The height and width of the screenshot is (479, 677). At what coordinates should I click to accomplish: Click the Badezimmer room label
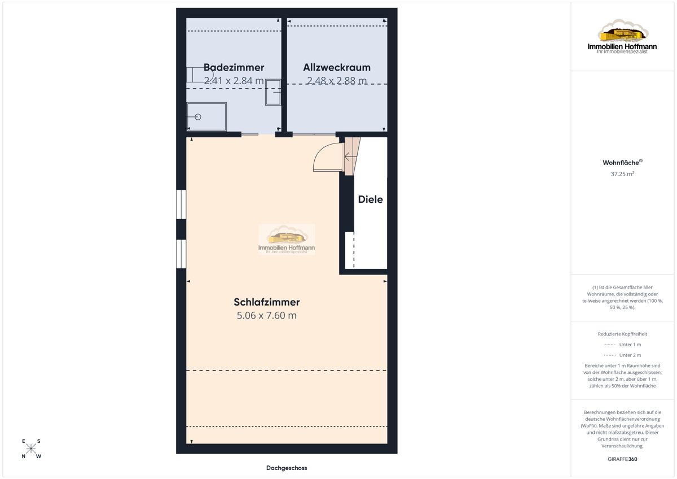(x=234, y=67)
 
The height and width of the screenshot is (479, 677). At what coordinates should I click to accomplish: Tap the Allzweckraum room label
(x=337, y=67)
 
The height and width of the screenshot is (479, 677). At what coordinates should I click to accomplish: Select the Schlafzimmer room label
(x=266, y=302)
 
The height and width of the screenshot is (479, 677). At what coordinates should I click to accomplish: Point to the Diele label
(x=370, y=199)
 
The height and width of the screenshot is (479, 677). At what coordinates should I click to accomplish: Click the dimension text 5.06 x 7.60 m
(x=266, y=315)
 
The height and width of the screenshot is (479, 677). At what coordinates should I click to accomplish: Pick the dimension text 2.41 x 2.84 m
(x=234, y=81)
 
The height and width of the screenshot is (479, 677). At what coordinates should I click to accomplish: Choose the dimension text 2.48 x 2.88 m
(x=337, y=81)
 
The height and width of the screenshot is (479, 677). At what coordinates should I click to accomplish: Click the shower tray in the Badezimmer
(x=206, y=117)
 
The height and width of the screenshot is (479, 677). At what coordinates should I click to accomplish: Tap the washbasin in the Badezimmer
(x=273, y=92)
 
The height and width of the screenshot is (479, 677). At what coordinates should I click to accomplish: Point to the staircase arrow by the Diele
(x=350, y=156)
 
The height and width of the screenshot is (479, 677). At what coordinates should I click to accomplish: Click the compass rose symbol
(x=31, y=448)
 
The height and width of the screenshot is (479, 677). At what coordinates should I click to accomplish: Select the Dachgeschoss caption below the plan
(x=287, y=468)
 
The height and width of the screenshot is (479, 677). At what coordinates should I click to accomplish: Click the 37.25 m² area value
(x=622, y=173)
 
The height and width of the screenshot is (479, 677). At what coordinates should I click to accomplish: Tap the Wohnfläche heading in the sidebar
(x=622, y=163)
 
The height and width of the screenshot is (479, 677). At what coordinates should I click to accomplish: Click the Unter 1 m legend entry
(x=622, y=345)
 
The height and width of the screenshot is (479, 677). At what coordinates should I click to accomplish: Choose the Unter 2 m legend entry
(x=622, y=355)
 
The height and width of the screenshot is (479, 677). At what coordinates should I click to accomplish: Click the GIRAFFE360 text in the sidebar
(x=622, y=459)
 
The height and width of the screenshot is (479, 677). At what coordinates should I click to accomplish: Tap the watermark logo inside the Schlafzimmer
(x=287, y=239)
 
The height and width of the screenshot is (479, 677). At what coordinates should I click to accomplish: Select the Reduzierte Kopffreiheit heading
(x=622, y=334)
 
